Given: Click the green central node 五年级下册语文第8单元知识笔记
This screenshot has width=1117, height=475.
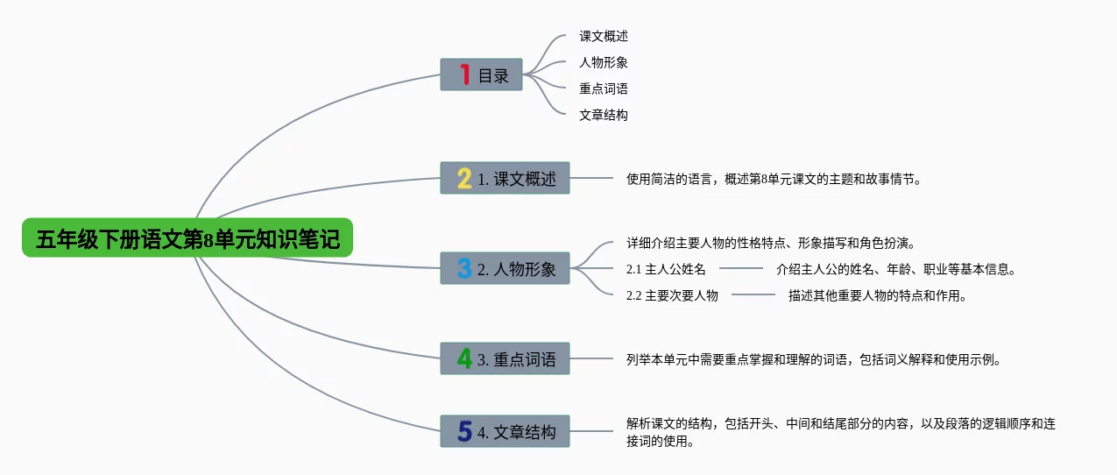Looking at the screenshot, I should coord(187,237).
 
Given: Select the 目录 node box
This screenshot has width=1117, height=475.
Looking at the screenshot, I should coord(481,75).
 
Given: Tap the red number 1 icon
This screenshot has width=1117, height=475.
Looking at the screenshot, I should coord(464,74).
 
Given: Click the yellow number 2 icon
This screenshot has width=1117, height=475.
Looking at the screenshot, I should coord(464,179).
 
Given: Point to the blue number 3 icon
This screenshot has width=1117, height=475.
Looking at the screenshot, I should coord(464,268).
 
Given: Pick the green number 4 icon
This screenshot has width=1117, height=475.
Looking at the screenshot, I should coord(464,358).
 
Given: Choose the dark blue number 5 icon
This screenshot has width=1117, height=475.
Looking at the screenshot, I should coord(464,431).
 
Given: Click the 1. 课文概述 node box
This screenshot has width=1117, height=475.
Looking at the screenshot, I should coord(505,179).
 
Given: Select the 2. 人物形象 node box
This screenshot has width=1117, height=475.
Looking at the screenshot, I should coord(505,268).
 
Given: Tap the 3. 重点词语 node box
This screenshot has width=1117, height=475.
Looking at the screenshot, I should coord(505,358).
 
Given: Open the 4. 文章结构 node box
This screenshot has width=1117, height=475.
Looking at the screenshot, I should coord(505,431).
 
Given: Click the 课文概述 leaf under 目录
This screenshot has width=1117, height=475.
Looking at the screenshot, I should coord(604,37).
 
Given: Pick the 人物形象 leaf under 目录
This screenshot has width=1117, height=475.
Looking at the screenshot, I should coord(604,62).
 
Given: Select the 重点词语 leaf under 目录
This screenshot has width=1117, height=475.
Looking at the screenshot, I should coord(604,89).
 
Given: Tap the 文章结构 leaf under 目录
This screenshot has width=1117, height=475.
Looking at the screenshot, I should coord(604,115).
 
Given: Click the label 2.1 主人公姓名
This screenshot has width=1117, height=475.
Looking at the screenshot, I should coord(666,269).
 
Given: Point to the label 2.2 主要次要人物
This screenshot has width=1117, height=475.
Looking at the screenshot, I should coord(672,295).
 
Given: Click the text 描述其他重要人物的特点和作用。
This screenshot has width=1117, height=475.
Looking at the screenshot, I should coord(877,295).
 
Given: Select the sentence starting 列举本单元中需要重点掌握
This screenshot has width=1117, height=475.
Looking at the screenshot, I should coord(813,359).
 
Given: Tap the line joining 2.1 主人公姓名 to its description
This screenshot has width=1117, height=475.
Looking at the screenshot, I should coord(741,269).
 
